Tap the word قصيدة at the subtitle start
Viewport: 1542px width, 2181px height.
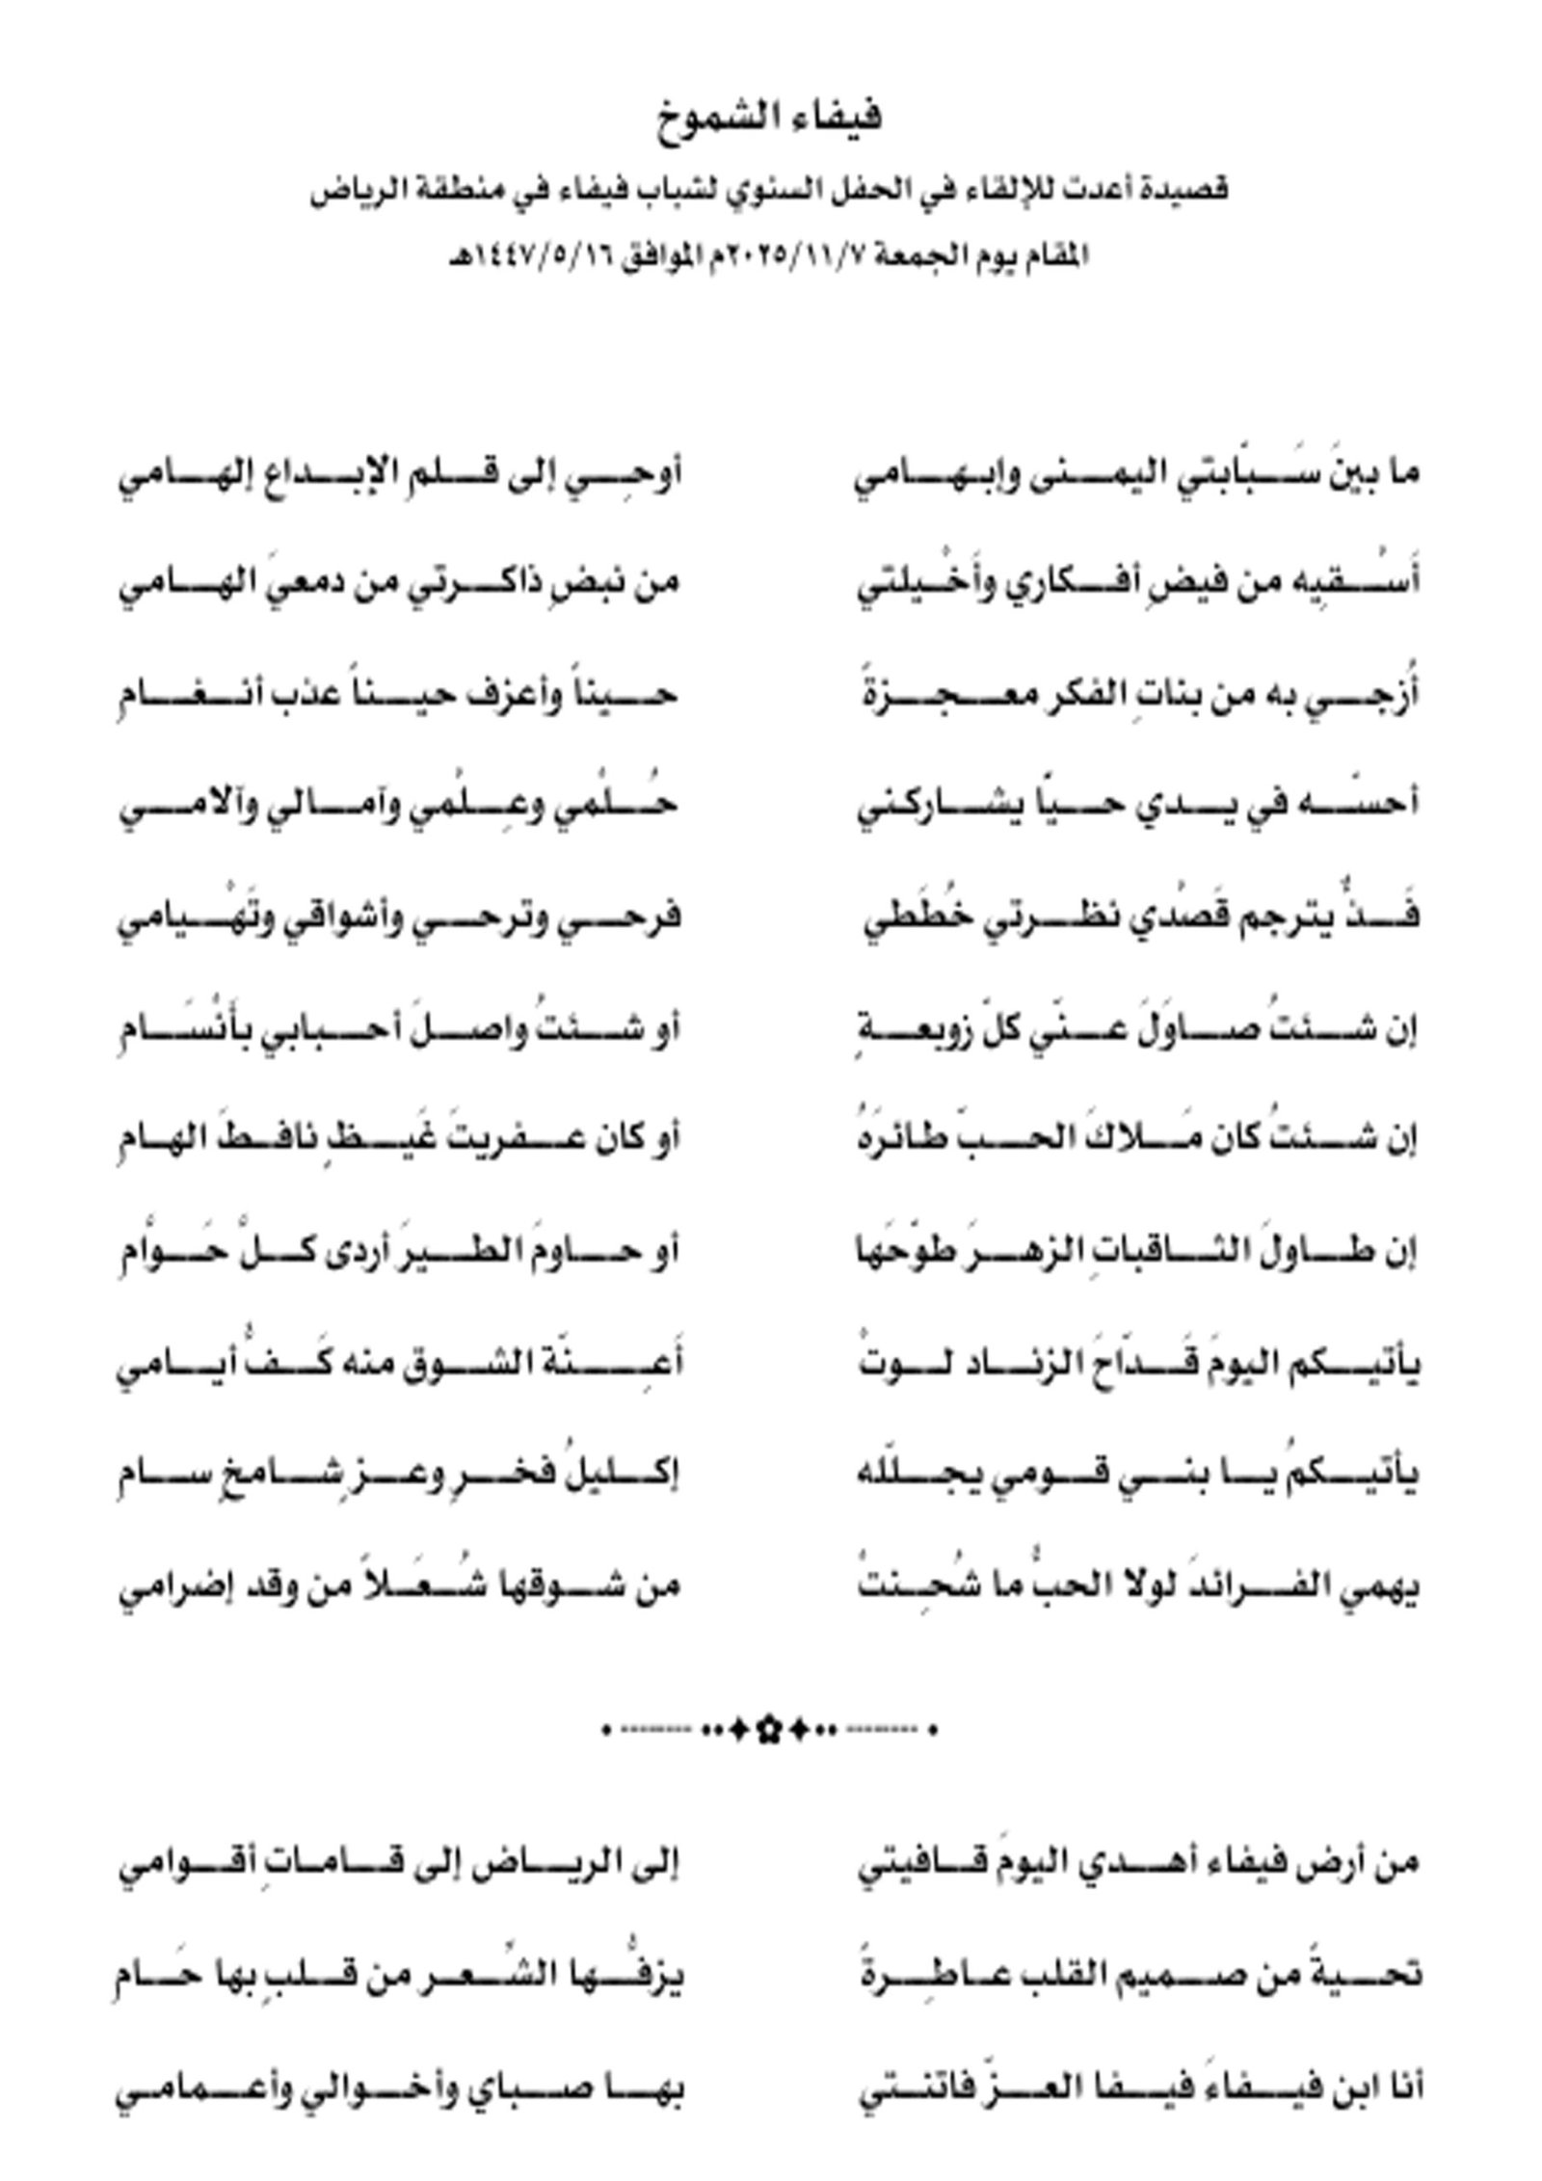tap(1187, 190)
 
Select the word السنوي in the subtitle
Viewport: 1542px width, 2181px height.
tap(773, 190)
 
